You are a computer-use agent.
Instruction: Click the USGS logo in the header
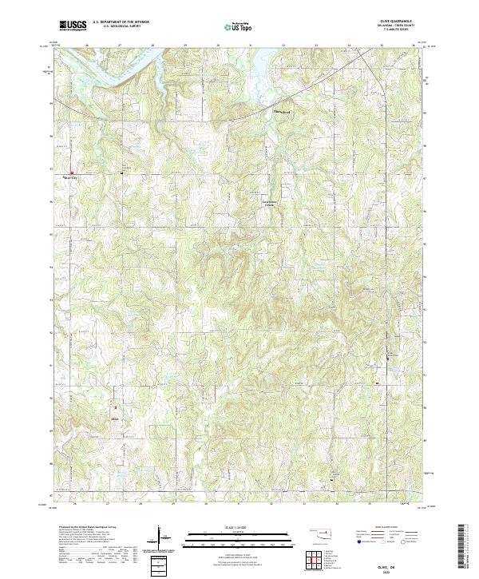(x=73, y=26)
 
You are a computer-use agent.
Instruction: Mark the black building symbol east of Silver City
(x=122, y=171)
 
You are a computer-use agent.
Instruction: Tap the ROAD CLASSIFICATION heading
(x=386, y=527)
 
